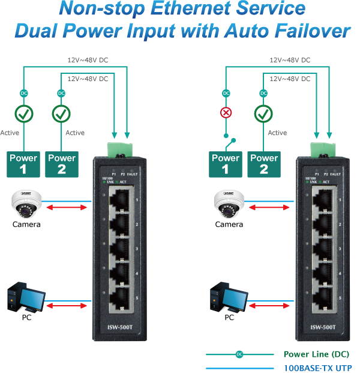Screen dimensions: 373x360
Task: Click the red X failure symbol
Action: pyautogui.click(x=226, y=112)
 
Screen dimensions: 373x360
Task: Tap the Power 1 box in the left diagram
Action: pyautogui.click(x=23, y=165)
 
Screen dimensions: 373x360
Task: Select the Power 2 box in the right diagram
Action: pyautogui.click(x=263, y=165)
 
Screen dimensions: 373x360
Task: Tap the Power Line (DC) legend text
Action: pyautogui.click(x=317, y=354)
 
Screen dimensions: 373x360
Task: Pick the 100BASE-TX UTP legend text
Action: pyautogui.click(x=317, y=368)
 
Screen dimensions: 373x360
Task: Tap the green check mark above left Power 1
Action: pyautogui.click(x=23, y=112)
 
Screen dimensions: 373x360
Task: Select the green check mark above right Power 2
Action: pyautogui.click(x=262, y=112)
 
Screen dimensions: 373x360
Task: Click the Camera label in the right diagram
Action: pyautogui.click(x=229, y=224)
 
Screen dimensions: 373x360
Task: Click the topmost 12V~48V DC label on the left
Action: pyautogui.click(x=88, y=60)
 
